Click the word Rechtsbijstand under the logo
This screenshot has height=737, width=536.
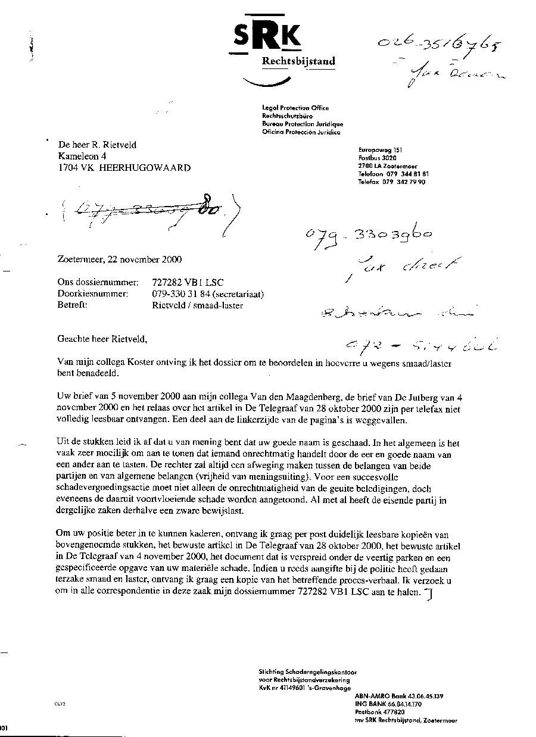point(298,61)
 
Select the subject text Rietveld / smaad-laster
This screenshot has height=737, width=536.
point(198,305)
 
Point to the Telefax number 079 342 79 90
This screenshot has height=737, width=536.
point(391,182)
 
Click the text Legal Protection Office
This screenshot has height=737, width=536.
point(295,108)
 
